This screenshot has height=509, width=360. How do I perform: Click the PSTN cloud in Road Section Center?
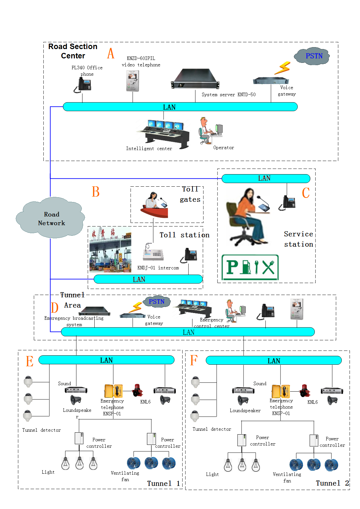(313, 56)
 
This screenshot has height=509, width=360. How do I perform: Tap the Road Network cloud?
(51, 218)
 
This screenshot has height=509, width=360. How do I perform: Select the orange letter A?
(111, 53)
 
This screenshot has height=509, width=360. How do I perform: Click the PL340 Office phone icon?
(83, 85)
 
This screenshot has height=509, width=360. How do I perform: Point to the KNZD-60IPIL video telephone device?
(133, 81)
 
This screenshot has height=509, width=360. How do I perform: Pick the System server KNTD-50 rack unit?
(195, 79)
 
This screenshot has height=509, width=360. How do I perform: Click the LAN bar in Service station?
(266, 178)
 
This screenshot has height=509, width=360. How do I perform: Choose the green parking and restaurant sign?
(250, 267)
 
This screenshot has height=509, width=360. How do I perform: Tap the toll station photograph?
(110, 250)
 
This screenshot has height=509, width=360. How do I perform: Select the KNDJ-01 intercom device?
(153, 252)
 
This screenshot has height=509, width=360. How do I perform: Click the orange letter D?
(55, 308)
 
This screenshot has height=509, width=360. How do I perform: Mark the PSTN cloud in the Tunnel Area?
(157, 301)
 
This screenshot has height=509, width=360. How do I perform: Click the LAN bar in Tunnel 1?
(106, 360)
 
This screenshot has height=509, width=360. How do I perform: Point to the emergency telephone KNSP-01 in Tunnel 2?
(281, 392)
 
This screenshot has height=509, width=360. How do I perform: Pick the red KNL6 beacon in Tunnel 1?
(137, 390)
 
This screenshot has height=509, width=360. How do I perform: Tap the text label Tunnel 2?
(332, 483)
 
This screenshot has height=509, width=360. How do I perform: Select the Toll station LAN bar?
(148, 279)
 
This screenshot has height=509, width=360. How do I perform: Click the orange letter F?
(193, 360)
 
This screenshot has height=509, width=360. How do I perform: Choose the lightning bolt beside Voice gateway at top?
(283, 68)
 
